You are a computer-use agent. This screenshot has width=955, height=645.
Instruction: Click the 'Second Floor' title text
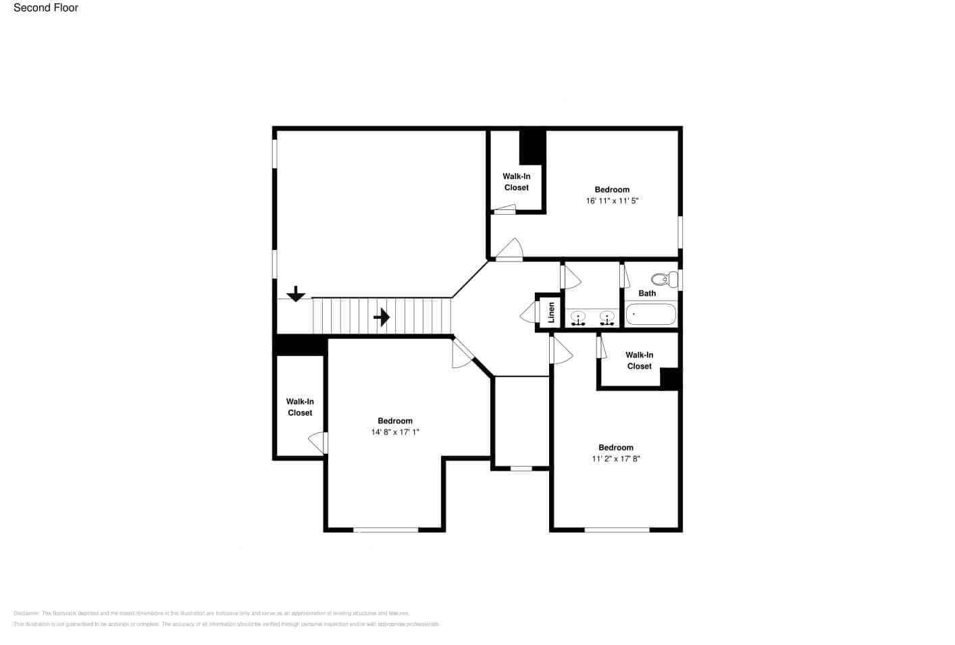(46, 8)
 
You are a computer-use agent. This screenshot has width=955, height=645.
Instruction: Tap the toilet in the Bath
(664, 279)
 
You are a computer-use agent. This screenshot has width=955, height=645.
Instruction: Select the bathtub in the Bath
(650, 314)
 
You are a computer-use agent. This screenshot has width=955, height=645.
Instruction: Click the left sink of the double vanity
(577, 317)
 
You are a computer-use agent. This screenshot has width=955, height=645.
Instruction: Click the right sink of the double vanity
(606, 317)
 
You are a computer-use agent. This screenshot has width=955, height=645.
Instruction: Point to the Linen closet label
(551, 312)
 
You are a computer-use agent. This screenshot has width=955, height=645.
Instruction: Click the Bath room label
(647, 293)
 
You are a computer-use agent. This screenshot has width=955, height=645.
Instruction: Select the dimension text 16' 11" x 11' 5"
(612, 201)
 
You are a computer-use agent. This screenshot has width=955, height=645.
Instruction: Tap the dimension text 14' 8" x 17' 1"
(395, 432)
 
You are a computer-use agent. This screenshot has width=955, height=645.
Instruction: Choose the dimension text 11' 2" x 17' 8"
(616, 459)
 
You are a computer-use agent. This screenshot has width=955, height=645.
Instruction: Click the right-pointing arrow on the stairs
(382, 317)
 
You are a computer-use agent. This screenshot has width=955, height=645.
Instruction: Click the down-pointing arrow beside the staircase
(296, 294)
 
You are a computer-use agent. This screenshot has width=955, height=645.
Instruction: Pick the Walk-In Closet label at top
(517, 182)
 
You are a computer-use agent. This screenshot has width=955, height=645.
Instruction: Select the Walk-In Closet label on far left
(300, 407)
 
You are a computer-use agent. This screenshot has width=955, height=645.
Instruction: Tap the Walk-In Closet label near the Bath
(639, 360)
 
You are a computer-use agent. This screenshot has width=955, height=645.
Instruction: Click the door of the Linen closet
(528, 313)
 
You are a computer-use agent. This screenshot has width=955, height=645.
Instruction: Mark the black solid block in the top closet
(532, 147)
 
